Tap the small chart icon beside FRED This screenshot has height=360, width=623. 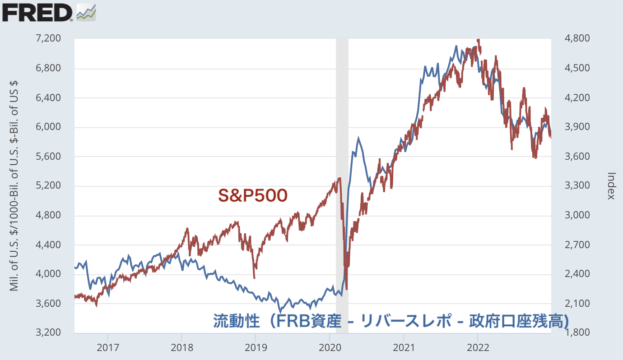tap(86, 12)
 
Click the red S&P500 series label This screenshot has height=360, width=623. tap(252, 195)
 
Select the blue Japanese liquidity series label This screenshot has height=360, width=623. tap(391, 321)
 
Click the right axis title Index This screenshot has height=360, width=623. tap(611, 185)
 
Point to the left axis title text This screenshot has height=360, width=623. tap(14, 185)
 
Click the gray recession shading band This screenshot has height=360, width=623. tap(342, 135)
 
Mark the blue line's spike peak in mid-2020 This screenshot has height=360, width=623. tap(358, 138)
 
